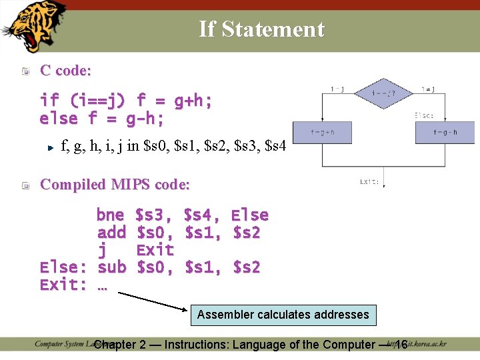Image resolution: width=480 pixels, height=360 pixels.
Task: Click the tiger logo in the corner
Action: click(x=33, y=25)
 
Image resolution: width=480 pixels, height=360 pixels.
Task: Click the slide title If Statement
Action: click(x=261, y=29)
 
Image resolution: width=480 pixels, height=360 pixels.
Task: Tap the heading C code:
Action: click(x=66, y=70)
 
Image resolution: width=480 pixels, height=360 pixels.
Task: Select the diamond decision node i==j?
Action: click(x=383, y=93)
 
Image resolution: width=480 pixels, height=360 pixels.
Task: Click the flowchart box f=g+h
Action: click(x=323, y=132)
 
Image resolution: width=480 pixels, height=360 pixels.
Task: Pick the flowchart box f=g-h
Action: click(x=445, y=132)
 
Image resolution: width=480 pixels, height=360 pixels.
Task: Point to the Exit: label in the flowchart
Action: click(x=370, y=181)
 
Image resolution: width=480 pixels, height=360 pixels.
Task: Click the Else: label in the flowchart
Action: click(x=425, y=115)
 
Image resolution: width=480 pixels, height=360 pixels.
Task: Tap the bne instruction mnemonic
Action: click(x=110, y=215)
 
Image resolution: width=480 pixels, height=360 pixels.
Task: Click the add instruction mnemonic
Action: click(x=111, y=233)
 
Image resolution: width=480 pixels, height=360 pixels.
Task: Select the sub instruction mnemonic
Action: click(x=111, y=267)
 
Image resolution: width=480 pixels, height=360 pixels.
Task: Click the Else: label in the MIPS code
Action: click(x=63, y=267)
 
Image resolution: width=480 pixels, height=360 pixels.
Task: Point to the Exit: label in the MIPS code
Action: click(x=63, y=285)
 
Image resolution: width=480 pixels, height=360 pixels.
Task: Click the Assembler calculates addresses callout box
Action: click(x=283, y=315)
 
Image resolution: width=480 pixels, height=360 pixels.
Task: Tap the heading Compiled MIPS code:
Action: click(x=115, y=184)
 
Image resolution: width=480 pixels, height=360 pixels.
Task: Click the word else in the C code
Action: click(x=59, y=119)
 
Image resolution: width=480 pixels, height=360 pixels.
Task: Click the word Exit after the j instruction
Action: click(x=155, y=250)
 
